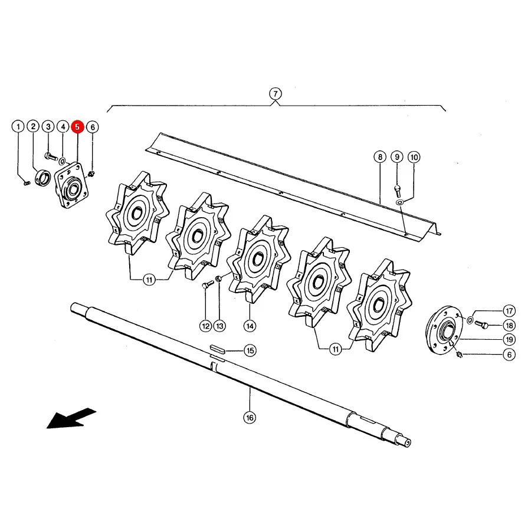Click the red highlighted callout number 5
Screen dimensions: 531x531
(x=77, y=127)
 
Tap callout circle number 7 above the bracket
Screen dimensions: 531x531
(x=276, y=94)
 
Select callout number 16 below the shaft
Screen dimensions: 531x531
(x=250, y=418)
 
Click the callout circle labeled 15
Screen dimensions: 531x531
(x=250, y=350)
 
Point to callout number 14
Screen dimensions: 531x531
(x=250, y=326)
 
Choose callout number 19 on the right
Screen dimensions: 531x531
(x=509, y=340)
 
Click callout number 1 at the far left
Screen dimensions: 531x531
(x=18, y=127)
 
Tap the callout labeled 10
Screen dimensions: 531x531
(x=414, y=157)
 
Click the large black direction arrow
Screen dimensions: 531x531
(x=71, y=418)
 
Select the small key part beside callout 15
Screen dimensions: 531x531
(x=217, y=349)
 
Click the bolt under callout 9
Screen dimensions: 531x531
(x=397, y=191)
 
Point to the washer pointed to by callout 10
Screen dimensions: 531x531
(x=400, y=202)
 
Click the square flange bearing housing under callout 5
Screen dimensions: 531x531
(x=72, y=185)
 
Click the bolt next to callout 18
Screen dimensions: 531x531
(x=481, y=324)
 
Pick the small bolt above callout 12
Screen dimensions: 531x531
(x=207, y=284)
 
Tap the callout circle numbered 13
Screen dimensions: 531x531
(x=220, y=326)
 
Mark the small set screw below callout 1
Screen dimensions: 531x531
(x=27, y=183)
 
